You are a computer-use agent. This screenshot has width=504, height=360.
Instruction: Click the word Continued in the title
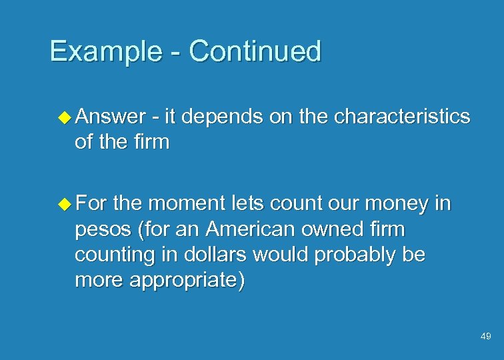coord(255,51)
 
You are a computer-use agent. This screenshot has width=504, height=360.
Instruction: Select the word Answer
coord(111,117)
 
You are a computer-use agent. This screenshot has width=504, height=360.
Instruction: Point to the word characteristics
coord(402,117)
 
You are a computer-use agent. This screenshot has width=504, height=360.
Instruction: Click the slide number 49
coord(485,337)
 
